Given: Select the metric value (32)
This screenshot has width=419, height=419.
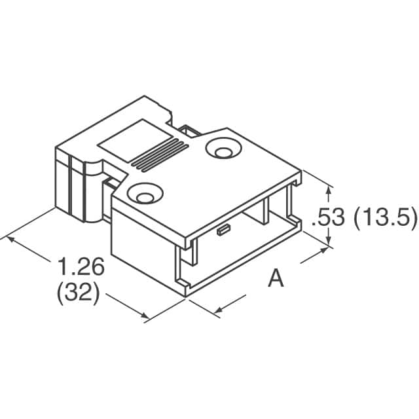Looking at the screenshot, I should (79, 294).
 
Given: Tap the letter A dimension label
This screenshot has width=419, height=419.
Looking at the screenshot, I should (276, 280).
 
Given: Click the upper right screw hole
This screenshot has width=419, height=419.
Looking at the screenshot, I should (221, 151).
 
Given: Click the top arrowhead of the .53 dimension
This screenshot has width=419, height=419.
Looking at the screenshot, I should (328, 187).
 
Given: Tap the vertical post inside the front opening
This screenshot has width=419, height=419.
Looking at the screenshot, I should (264, 213).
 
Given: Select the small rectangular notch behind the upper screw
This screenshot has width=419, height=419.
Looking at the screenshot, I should (191, 133).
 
